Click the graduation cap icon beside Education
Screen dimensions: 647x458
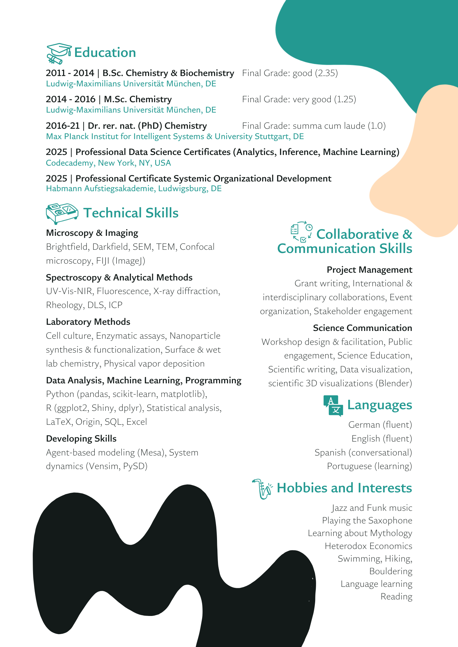pyautogui.click(x=59, y=53)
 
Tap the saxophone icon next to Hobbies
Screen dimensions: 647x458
pyautogui.click(x=262, y=489)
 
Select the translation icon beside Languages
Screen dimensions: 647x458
pyautogui.click(x=333, y=405)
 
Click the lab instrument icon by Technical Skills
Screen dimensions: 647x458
pyautogui.click(x=62, y=214)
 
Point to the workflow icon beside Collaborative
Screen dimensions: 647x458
pyautogui.click(x=301, y=232)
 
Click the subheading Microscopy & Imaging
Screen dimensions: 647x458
pyautogui.click(x=92, y=233)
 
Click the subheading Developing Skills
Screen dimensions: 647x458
pyautogui.click(x=81, y=439)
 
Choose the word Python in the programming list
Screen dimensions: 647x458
pyautogui.click(x=60, y=394)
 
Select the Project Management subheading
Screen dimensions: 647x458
pyautogui.click(x=369, y=270)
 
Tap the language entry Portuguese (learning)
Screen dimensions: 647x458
pyautogui.click(x=369, y=466)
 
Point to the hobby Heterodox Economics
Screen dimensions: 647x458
pyautogui.click(x=368, y=546)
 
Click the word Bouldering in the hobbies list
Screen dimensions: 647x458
pyautogui.click(x=391, y=571)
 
